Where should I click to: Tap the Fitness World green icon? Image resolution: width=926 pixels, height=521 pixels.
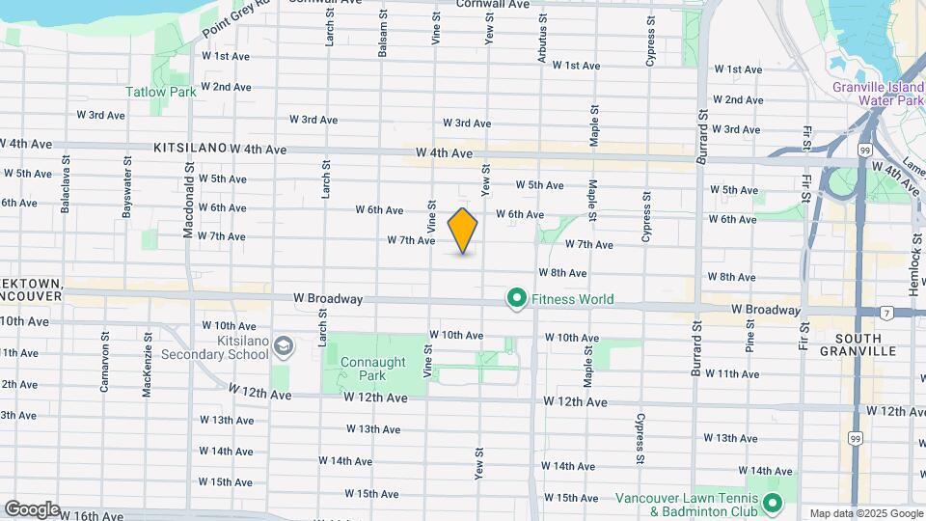click(x=516, y=299)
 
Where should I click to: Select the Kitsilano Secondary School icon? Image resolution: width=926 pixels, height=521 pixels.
click(x=283, y=345)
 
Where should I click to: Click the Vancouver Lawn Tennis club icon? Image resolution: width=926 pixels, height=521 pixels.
click(x=772, y=504)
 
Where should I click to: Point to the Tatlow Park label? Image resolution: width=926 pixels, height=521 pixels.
click(x=161, y=92)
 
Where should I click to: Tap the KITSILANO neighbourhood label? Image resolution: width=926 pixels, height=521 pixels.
click(x=190, y=149)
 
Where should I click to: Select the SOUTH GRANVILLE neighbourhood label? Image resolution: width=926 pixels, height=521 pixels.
click(x=866, y=344)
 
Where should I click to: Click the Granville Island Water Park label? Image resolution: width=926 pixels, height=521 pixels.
click(x=877, y=93)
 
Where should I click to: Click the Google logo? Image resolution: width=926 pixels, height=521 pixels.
click(x=32, y=508)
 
